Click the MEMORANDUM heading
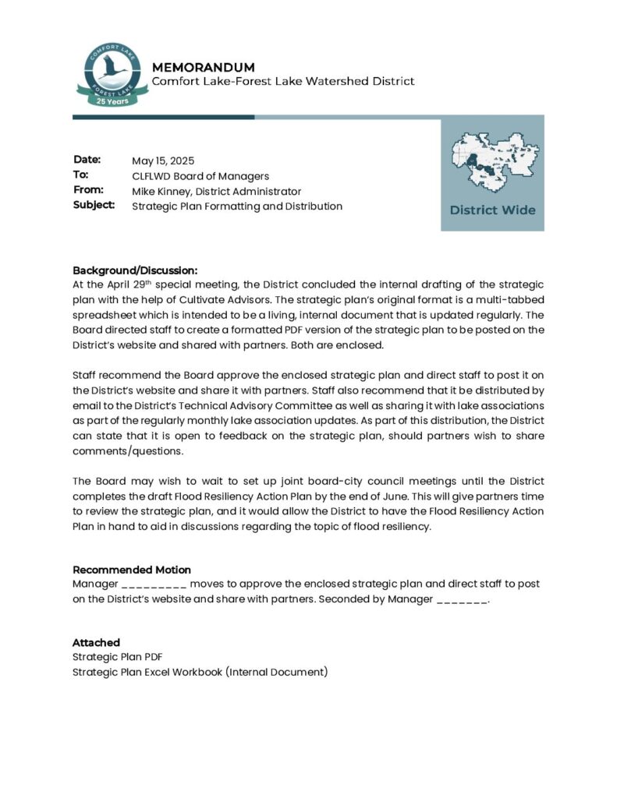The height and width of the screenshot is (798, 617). click(203, 67)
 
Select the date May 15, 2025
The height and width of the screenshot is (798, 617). click(163, 161)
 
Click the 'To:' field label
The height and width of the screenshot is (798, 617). click(81, 175)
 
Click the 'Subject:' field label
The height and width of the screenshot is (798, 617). click(94, 206)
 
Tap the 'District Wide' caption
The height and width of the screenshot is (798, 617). click(492, 210)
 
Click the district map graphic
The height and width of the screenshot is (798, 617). click(492, 161)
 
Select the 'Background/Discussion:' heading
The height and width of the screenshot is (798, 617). click(135, 270)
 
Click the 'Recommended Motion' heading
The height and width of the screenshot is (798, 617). click(132, 570)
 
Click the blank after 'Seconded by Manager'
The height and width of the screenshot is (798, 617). click(463, 599)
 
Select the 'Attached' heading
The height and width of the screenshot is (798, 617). click(96, 643)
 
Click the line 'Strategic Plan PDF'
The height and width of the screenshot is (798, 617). click(118, 657)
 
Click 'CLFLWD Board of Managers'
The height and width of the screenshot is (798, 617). click(200, 176)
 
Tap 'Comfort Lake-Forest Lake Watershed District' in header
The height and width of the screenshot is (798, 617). click(283, 81)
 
